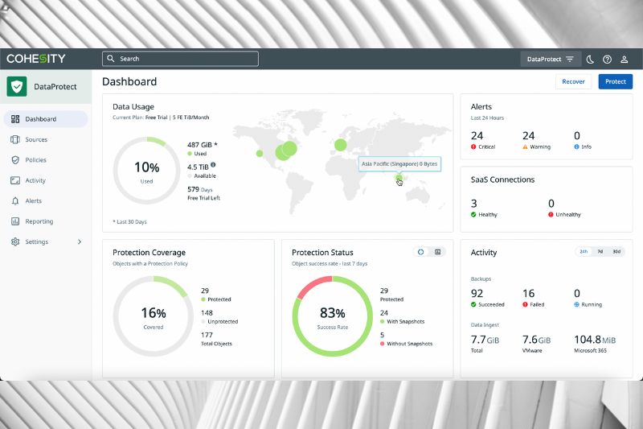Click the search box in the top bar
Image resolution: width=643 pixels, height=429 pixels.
coord(180,59)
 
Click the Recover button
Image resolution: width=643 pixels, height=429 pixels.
coord(573,81)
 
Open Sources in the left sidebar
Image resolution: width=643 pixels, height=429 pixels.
coord(36,140)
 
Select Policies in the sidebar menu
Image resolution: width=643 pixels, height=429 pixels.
coord(35,160)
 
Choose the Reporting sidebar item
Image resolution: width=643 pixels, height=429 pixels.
coord(39,221)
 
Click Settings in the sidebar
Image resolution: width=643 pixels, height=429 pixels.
coord(36,241)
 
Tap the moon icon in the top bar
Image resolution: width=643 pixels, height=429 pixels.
coord(590,59)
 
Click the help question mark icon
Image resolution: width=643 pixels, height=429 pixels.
coord(607,59)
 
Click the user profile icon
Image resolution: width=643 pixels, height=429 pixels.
coord(624,59)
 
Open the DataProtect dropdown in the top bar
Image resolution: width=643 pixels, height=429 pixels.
coord(551,59)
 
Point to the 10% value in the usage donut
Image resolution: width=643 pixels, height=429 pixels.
coord(146,167)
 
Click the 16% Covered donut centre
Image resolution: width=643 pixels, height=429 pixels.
coord(153,314)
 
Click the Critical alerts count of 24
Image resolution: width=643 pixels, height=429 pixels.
coord(477,136)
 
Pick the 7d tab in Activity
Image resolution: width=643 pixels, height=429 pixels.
coord(600,251)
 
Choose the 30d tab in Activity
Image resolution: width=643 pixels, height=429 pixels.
coord(616,251)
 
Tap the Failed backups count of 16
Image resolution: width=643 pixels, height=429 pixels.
coord(528,294)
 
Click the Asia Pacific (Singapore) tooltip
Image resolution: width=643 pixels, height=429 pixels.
coord(400,163)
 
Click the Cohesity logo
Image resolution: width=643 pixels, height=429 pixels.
coord(36,59)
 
